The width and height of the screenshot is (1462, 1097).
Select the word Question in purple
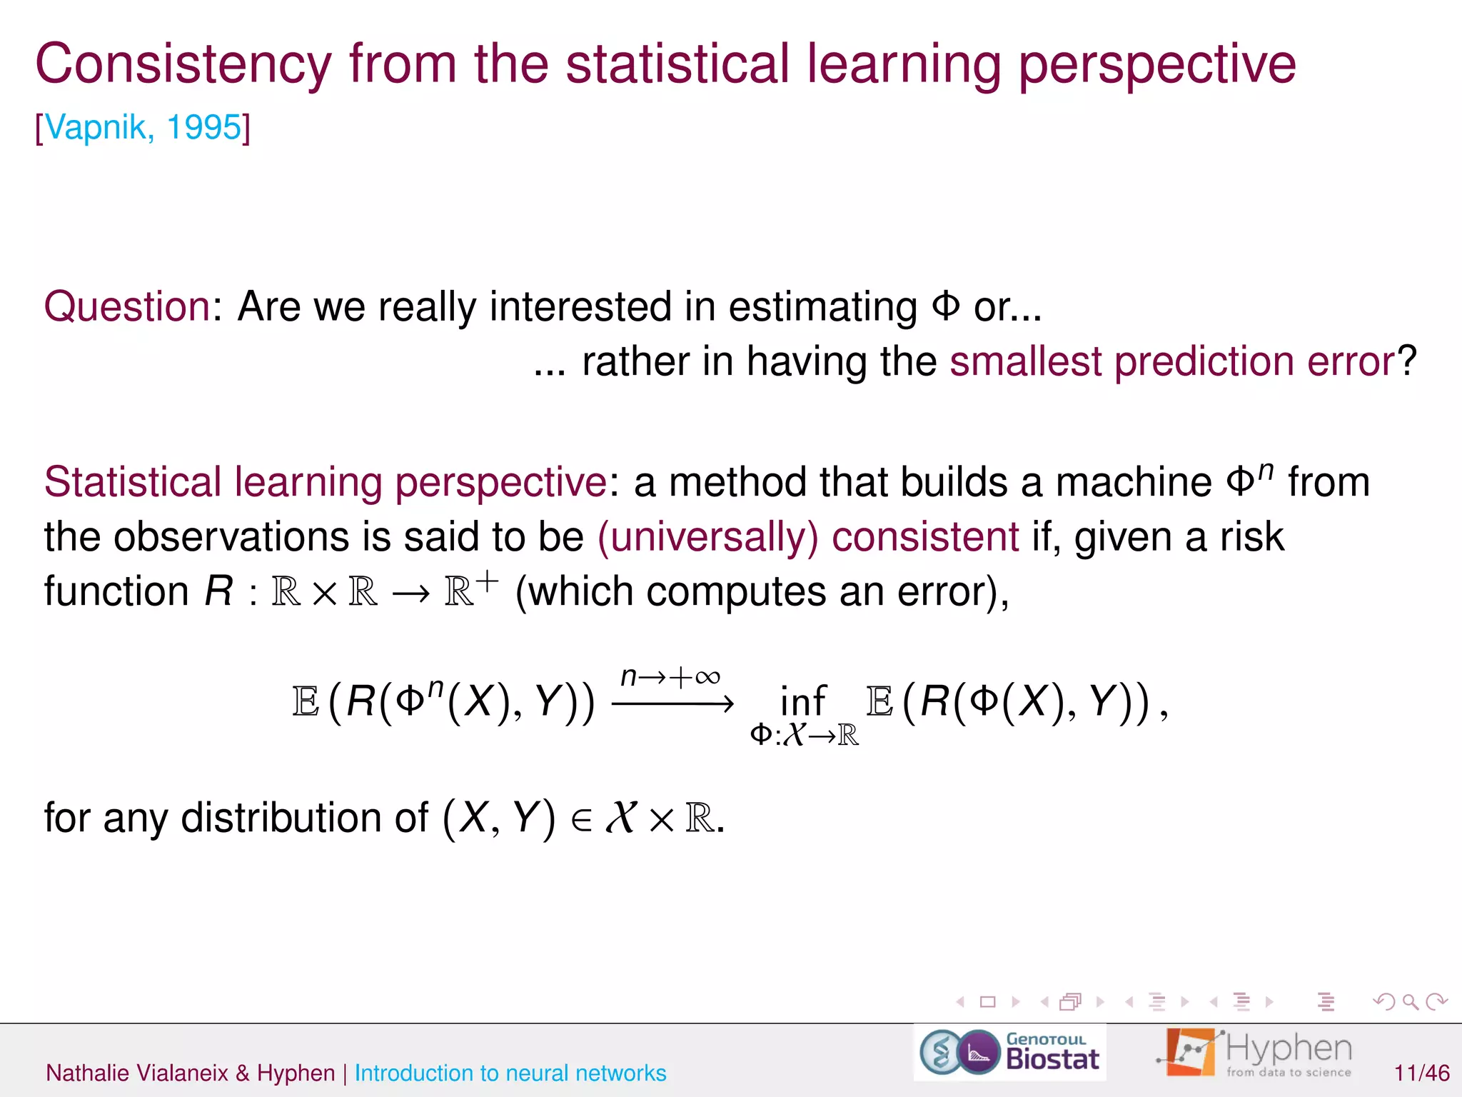127,307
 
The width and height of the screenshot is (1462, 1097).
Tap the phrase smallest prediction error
1171,361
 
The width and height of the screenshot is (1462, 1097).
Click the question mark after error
1407,361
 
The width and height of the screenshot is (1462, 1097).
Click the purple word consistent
925,537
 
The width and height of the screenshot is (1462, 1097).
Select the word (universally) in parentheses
707,537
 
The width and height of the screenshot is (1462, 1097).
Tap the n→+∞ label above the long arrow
670,676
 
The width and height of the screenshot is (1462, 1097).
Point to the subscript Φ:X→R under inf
804,735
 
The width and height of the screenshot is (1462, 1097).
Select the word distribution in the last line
304,818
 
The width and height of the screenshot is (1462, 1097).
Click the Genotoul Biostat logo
1009,1053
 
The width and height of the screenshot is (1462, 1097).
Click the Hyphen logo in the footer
1255,1053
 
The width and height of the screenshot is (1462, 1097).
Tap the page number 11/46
1421,1073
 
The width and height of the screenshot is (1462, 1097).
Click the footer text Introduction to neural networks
510,1073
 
